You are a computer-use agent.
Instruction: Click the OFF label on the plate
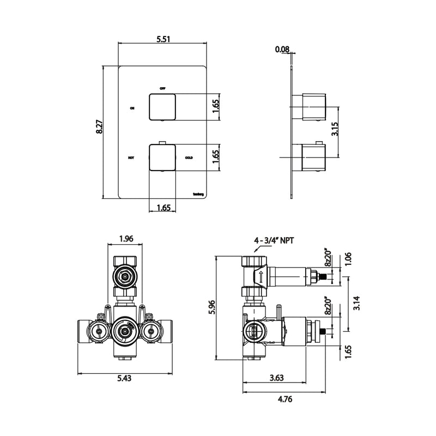(162, 88)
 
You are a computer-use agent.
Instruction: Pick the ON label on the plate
(131, 108)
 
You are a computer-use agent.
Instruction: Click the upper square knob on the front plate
(162, 107)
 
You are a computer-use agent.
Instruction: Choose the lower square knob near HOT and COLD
(162, 158)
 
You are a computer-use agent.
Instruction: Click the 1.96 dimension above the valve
(126, 238)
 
